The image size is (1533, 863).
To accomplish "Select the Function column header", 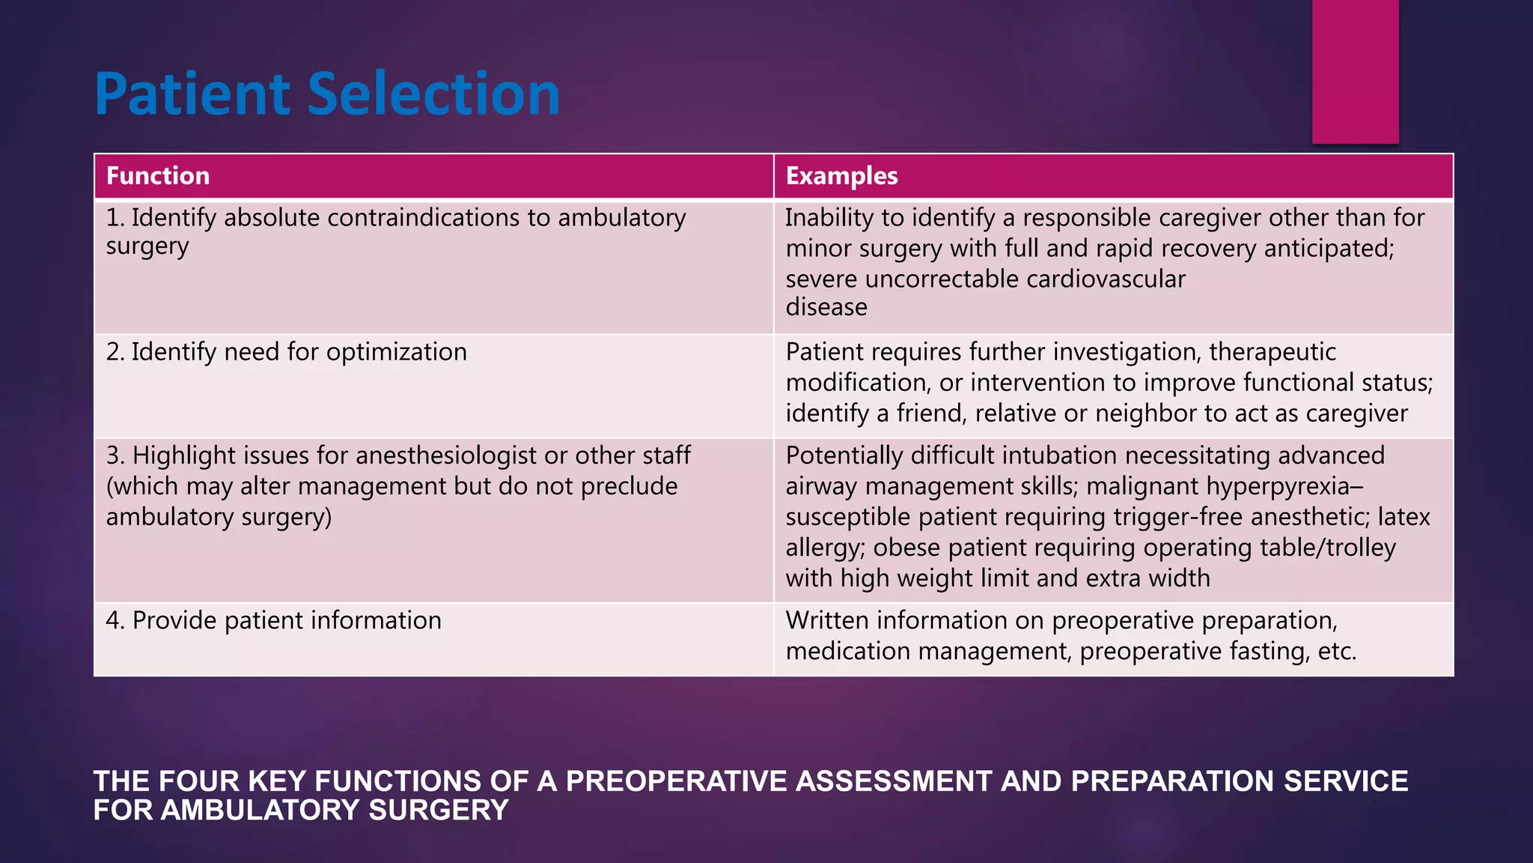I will pos(158,176).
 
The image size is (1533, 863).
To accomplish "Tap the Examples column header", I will pos(841,176).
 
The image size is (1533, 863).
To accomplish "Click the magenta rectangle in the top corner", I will pos(1355,71).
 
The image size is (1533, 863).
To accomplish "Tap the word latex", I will pos(1404,518).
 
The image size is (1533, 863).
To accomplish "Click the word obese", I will pos(906,548).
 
